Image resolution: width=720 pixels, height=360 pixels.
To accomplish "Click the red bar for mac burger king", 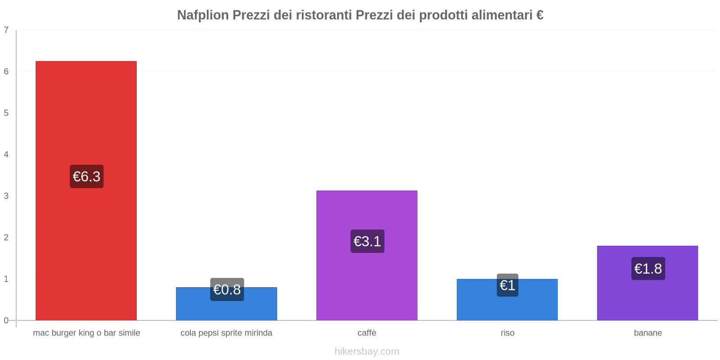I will coord(86,112).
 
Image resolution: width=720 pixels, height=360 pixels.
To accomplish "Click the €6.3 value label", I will coord(86,176).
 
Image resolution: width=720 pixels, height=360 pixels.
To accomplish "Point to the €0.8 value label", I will coord(227,289).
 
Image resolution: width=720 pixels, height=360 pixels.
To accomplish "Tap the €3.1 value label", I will coord(367,241).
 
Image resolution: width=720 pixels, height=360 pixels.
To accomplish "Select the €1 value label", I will coord(507,285).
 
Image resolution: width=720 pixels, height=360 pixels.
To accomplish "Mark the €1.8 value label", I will coord(648,269).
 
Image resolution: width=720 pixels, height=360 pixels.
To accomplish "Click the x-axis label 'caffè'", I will coord(367,333).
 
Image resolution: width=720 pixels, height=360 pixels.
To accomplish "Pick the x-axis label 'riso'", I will coord(507,333).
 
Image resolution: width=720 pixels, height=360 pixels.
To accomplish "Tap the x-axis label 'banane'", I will coord(648,333).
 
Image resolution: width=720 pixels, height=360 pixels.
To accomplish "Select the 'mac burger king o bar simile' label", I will coord(86,333).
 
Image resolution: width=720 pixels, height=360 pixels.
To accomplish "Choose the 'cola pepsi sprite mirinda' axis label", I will coord(226,333).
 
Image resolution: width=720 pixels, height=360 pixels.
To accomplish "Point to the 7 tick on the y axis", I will coord(6,30).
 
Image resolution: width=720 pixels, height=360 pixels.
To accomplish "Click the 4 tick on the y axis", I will coord(6,154).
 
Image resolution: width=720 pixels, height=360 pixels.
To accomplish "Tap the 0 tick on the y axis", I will coord(6,320).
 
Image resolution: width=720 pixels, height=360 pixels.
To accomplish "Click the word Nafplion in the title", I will coord(203,15).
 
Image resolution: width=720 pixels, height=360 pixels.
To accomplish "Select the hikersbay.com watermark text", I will coord(367,351).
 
